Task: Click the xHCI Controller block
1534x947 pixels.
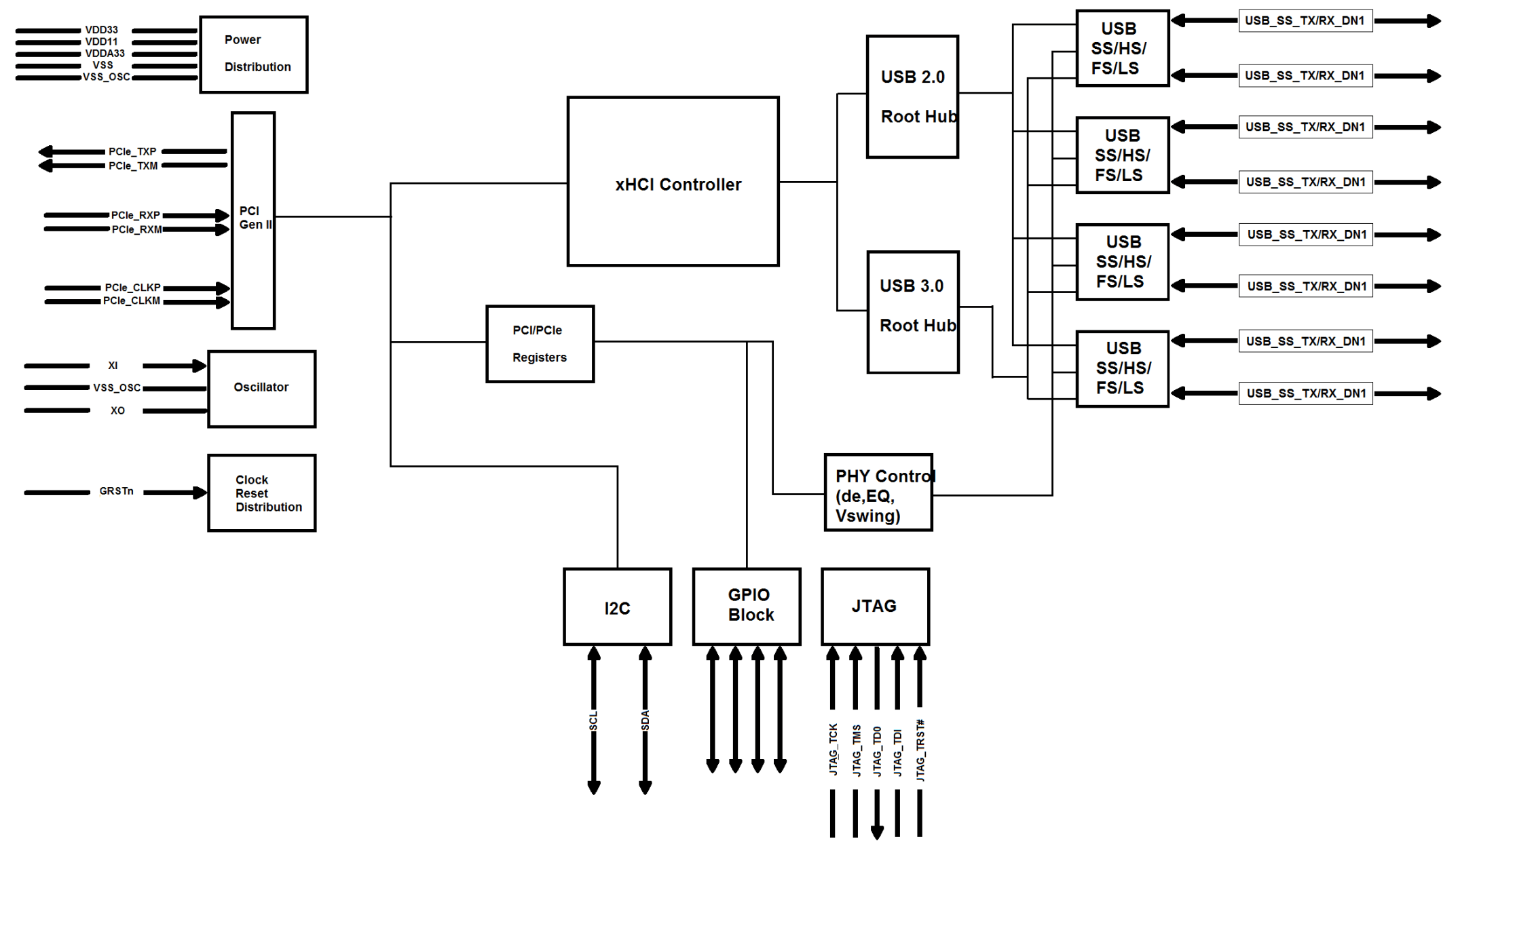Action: point(673,182)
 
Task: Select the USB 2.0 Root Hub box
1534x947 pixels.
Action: point(912,97)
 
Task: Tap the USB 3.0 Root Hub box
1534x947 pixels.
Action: point(912,312)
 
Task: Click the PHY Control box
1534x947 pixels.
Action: point(878,493)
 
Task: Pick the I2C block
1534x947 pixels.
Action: point(617,607)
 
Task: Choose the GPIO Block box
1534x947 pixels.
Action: point(747,606)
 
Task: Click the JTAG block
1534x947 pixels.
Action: point(875,606)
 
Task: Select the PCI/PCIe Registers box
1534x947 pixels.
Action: point(540,344)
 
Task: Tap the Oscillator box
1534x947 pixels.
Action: point(261,389)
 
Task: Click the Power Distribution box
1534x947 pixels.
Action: point(254,54)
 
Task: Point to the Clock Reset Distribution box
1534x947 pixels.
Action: point(261,493)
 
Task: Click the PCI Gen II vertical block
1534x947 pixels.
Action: point(253,220)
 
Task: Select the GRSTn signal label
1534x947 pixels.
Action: point(116,491)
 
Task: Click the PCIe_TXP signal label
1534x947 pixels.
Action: point(132,151)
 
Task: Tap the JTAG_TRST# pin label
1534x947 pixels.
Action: point(920,750)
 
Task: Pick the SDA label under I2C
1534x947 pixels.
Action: point(645,720)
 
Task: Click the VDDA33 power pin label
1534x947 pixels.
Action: point(105,54)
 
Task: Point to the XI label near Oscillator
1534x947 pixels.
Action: point(113,366)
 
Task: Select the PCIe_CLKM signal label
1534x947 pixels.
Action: point(132,301)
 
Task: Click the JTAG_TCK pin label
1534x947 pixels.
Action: point(833,750)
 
